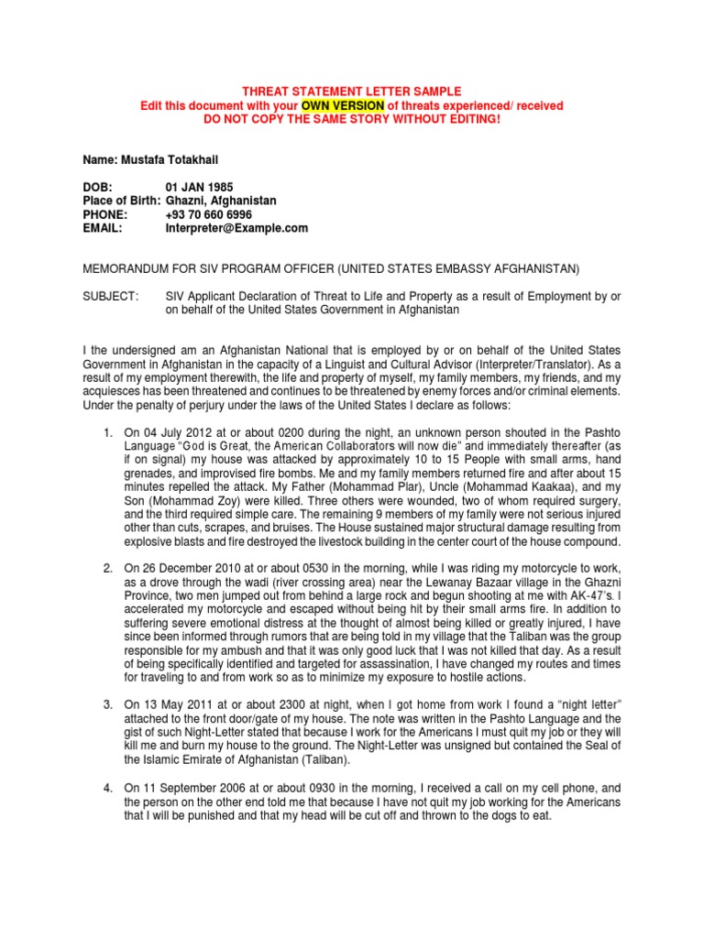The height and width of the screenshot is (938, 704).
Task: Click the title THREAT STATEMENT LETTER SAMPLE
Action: (x=351, y=92)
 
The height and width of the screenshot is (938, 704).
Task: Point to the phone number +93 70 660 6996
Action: (x=208, y=214)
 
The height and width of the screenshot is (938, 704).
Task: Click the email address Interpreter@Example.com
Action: (x=236, y=228)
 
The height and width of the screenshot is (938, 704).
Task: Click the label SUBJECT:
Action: (x=112, y=297)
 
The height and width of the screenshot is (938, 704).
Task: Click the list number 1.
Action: (x=107, y=431)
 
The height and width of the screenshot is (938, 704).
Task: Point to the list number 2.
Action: (x=107, y=568)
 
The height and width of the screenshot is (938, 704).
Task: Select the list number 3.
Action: (x=107, y=705)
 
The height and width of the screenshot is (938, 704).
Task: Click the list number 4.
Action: (x=107, y=788)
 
